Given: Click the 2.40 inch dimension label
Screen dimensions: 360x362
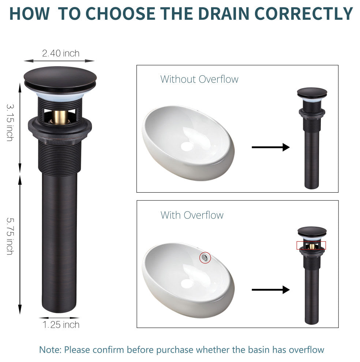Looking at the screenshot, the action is (61, 53).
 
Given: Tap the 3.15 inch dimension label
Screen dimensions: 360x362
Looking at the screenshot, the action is (10, 122).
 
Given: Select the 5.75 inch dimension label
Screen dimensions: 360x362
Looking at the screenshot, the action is (10, 236).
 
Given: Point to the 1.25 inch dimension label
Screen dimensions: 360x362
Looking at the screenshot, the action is (61, 325).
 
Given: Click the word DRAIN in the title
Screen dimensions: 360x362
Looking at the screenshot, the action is (224, 14).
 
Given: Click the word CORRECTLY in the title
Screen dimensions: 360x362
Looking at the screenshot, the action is (304, 14).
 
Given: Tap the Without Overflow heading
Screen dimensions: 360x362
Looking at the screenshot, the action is (199, 79).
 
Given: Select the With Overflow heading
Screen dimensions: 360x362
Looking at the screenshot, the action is (192, 215).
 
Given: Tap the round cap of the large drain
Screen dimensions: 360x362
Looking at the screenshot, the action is (60, 78).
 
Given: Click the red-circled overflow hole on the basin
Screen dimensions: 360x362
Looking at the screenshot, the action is (205, 257).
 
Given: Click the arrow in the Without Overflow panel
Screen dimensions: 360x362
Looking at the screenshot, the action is (271, 147).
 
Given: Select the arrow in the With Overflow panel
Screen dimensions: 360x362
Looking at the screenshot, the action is (271, 290).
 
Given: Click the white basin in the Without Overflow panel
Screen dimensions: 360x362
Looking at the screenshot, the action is (188, 143).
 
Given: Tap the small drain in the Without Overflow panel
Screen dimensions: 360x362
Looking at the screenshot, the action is (312, 138).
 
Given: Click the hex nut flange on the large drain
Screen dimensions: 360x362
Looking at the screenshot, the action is (60, 129).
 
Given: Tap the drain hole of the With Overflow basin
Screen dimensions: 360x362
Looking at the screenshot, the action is (187, 283).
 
